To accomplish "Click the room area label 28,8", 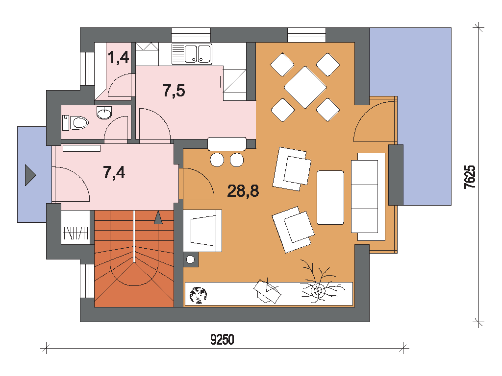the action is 243,191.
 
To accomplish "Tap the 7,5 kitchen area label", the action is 174,91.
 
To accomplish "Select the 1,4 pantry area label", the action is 119,58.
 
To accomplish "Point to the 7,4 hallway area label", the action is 114,172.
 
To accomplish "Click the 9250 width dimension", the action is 222,340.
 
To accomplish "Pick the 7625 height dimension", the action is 470,177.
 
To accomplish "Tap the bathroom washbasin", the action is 104,113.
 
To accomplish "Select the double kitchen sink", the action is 192,54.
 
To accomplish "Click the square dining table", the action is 305,87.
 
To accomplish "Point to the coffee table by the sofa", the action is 330,198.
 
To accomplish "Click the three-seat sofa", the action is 368,197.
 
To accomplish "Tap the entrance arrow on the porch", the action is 30,175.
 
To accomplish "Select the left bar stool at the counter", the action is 217,160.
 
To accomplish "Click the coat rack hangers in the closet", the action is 76,233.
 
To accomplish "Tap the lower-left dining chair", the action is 283,110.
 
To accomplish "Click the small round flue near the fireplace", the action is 191,259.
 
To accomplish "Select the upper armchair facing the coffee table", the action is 292,169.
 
